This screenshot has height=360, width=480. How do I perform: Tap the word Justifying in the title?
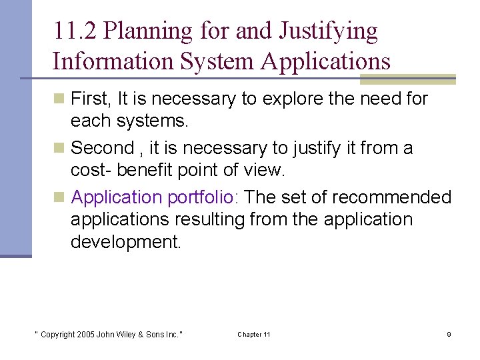click(328, 31)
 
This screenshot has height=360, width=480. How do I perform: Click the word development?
click(125, 241)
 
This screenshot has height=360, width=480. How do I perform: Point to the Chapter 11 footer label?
click(254, 334)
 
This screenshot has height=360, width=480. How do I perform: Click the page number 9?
click(449, 334)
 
